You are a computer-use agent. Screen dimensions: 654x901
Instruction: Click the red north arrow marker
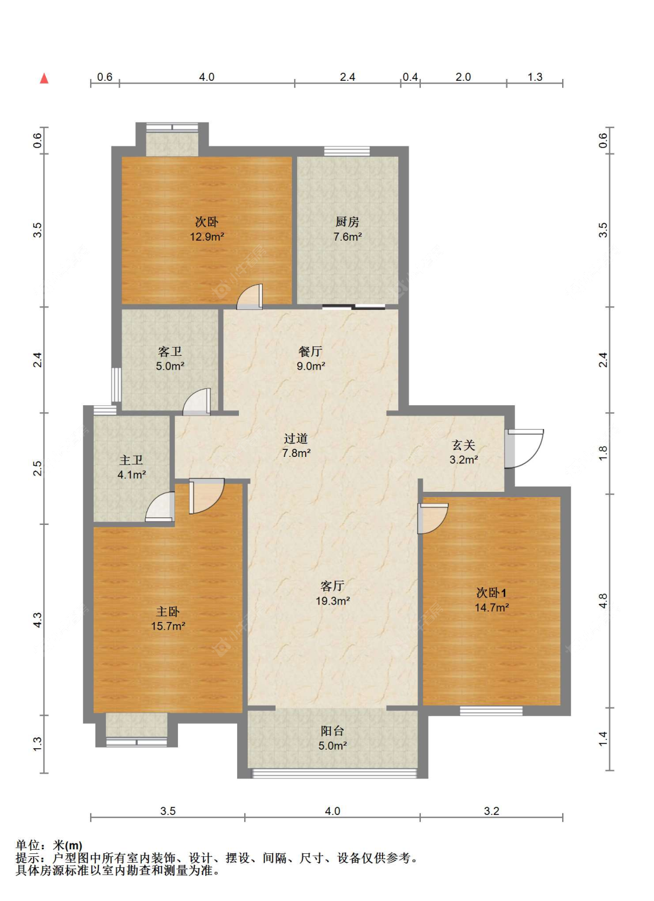click(x=44, y=78)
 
